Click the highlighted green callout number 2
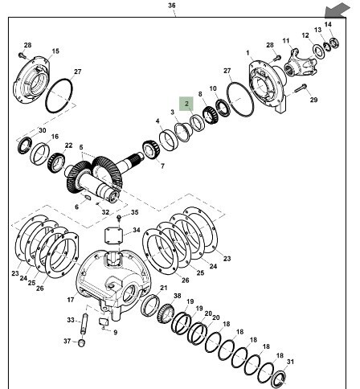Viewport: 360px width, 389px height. point(186,104)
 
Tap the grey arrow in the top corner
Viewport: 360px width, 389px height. point(337,10)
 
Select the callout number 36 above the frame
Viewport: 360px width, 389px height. point(172,6)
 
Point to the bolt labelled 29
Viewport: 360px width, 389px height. point(301,88)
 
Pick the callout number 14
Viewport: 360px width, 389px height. point(328,24)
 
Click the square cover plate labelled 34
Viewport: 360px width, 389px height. point(113,236)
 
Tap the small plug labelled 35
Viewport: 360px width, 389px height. point(119,218)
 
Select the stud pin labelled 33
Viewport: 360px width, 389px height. point(84,324)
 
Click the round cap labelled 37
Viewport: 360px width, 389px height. point(82,342)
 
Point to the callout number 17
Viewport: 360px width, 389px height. point(71,300)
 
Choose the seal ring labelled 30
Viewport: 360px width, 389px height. point(25,145)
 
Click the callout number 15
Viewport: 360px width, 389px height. point(55,51)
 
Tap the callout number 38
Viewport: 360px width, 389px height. point(178,296)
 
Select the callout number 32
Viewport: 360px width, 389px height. point(105,212)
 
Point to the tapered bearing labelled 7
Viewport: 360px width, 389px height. point(151,149)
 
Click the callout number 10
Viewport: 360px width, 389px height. point(213,88)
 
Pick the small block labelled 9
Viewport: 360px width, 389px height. point(104,321)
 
